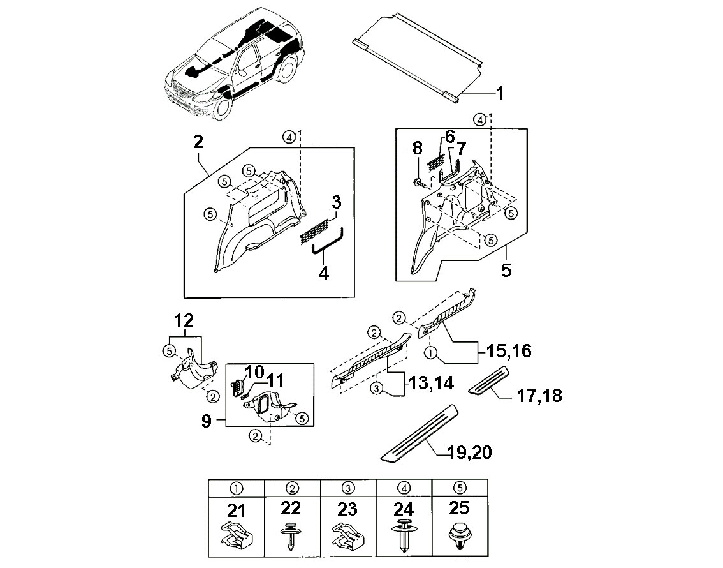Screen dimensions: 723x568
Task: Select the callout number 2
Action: [x=198, y=142]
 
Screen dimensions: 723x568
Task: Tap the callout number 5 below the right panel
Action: [x=506, y=270]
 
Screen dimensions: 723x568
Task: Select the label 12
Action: [x=184, y=320]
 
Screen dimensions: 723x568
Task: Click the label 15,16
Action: [x=509, y=351]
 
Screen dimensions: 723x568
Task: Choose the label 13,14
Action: [x=431, y=382]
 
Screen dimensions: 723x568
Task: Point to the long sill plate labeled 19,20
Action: [x=420, y=432]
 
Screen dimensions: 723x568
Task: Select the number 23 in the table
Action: [x=347, y=509]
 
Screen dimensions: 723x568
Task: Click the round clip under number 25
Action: [x=460, y=536]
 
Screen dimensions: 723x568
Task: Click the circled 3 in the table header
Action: [x=348, y=488]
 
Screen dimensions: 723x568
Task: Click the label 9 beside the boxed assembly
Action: [x=207, y=421]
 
